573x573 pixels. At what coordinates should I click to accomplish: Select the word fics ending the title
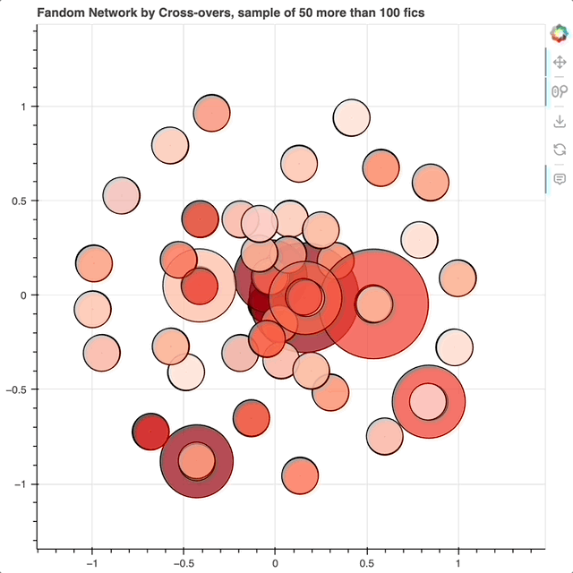pyautogui.click(x=414, y=13)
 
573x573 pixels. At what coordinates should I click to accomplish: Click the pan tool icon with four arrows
pyautogui.click(x=560, y=62)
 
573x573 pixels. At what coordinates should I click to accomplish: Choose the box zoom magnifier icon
pyautogui.click(x=560, y=91)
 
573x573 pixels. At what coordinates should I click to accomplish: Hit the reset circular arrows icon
pyautogui.click(x=560, y=150)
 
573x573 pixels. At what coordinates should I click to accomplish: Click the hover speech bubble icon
pyautogui.click(x=560, y=179)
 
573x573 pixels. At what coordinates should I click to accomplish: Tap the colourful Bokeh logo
pyautogui.click(x=559, y=33)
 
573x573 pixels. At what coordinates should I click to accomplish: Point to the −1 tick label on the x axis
pyautogui.click(x=92, y=563)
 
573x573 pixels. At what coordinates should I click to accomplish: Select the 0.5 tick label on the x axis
pyautogui.click(x=367, y=563)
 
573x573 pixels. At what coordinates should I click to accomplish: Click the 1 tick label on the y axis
pyautogui.click(x=23, y=107)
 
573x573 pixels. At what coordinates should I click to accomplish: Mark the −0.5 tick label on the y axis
pyautogui.click(x=16, y=389)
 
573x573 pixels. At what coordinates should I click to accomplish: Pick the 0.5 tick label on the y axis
pyautogui.click(x=20, y=201)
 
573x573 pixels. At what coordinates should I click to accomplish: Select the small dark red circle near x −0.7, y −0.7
pyautogui.click(x=150, y=432)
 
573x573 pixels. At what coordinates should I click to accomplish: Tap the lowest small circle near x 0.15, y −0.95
pyautogui.click(x=300, y=475)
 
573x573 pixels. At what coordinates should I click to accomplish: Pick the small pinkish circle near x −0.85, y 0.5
pyautogui.click(x=122, y=196)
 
